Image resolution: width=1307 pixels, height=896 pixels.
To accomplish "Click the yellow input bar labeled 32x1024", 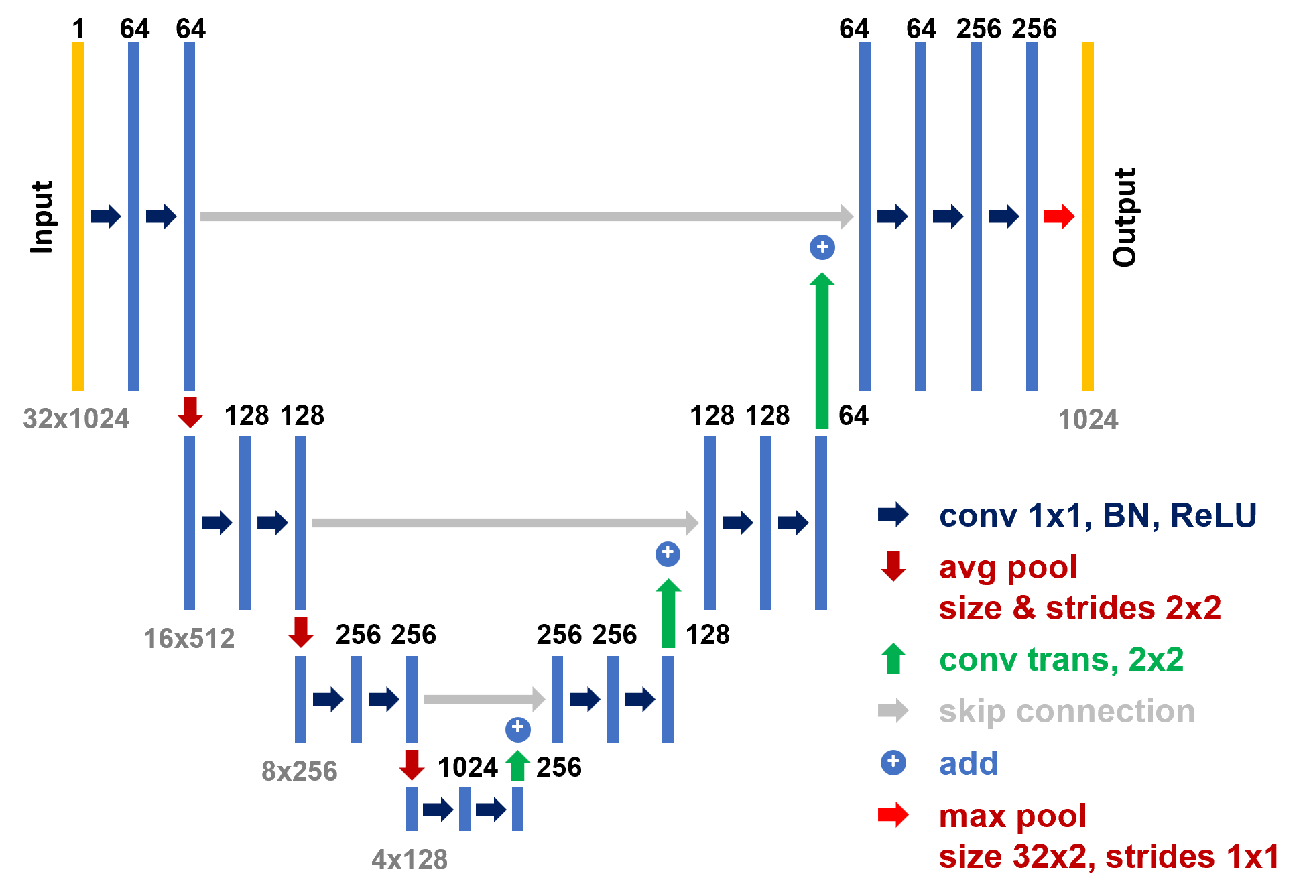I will (x=78, y=216).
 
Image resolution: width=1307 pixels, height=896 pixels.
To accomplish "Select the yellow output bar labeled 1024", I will (x=1088, y=216).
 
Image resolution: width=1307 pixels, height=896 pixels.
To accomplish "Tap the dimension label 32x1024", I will (x=76, y=419).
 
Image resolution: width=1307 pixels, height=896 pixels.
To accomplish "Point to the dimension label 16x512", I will (x=189, y=639).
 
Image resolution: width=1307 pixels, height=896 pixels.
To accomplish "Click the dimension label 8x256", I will (x=300, y=771).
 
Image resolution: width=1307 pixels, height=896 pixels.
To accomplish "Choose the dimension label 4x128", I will (x=410, y=860).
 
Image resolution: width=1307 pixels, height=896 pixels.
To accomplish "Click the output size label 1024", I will (x=1088, y=420).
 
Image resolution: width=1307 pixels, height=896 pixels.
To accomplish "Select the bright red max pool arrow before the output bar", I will (x=1059, y=216).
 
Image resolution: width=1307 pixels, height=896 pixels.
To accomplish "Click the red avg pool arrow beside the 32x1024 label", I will (x=190, y=411).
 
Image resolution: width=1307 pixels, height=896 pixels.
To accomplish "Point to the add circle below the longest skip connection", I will (x=822, y=247).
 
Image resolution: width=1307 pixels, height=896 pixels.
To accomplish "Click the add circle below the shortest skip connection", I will (x=517, y=728).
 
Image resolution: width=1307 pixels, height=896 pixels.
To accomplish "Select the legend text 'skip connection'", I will (x=1066, y=711).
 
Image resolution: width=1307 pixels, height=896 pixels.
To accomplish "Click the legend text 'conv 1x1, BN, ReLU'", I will (x=1097, y=515).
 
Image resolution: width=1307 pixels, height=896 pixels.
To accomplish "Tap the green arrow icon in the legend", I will (x=893, y=658).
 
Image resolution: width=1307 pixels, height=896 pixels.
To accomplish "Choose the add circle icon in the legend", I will (x=893, y=762).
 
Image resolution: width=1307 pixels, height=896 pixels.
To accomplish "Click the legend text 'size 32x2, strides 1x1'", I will (x=1109, y=856).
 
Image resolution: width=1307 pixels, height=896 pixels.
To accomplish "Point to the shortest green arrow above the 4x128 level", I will (x=517, y=765).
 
